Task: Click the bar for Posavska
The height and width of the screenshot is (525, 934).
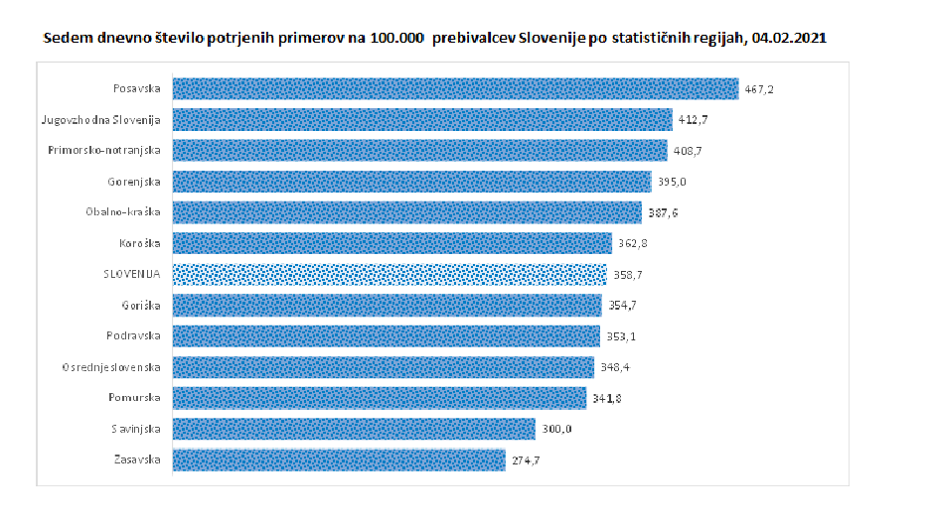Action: (456, 88)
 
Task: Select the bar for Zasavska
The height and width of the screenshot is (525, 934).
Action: (339, 460)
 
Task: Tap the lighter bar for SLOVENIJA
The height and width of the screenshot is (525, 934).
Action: (389, 274)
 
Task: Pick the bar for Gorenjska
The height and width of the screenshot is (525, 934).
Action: (412, 182)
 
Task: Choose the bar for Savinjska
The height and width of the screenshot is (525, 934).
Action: (354, 430)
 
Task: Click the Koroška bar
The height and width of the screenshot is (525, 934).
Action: (392, 243)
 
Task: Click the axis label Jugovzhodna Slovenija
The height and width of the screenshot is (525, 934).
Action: (100, 119)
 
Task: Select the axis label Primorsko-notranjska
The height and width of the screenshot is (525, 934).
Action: (104, 151)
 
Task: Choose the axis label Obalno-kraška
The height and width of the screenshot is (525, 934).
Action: (124, 212)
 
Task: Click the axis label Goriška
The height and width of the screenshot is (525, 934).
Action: (139, 306)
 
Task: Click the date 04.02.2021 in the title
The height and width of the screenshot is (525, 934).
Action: (791, 37)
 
